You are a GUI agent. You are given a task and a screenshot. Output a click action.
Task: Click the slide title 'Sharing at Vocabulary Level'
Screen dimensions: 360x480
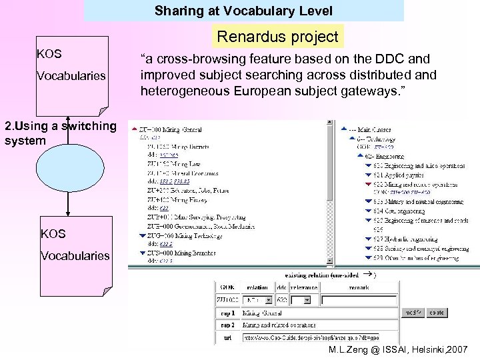pyautogui.click(x=243, y=11)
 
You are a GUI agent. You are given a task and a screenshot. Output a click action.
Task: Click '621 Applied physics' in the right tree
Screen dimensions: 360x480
pyautogui.click(x=400, y=174)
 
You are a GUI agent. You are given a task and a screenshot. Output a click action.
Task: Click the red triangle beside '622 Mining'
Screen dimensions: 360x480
pyautogui.click(x=367, y=183)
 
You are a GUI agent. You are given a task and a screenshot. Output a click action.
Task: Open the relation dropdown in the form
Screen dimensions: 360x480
pyautogui.click(x=257, y=300)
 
